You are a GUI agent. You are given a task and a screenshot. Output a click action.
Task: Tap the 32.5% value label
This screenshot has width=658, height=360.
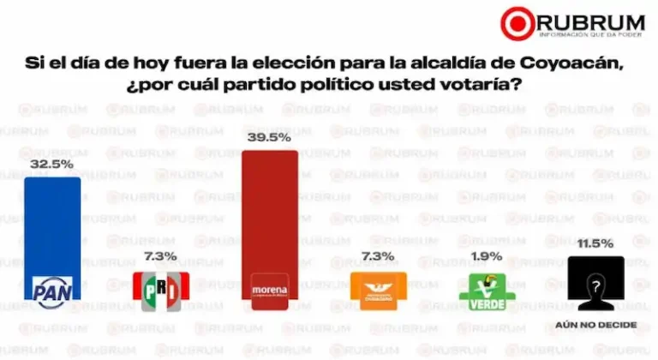pos(51,164)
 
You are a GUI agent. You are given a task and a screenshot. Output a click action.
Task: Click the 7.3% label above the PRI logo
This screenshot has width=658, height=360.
pos(159,256)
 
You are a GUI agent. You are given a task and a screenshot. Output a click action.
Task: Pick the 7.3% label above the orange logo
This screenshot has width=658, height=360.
pos(377,256)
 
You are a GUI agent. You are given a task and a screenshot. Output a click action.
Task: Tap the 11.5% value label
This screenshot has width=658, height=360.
pos(595,243)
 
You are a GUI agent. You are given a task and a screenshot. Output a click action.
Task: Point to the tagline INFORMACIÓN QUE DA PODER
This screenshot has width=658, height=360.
pos(589,34)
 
